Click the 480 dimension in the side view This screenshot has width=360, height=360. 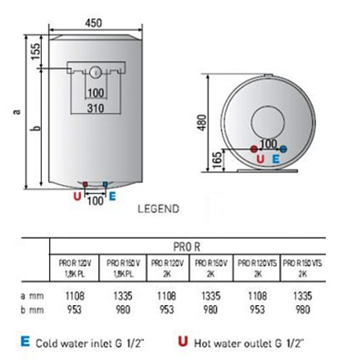click(x=203, y=122)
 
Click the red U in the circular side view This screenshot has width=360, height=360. click(x=260, y=159)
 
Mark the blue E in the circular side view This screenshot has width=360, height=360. click(x=276, y=159)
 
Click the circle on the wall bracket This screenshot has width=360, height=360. click(x=96, y=71)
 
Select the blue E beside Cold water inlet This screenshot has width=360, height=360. click(x=26, y=341)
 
